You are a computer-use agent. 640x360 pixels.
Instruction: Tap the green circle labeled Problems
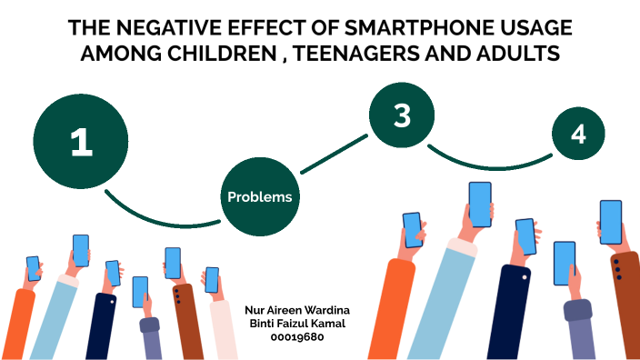pyautogui.click(x=260, y=196)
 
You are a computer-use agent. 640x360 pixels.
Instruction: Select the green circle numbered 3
pyautogui.click(x=403, y=115)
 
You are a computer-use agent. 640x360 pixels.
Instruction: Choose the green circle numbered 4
pyautogui.click(x=579, y=135)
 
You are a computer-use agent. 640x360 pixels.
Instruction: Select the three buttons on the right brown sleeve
pyautogui.click(x=618, y=268)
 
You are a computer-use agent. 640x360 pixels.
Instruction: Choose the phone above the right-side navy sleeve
pyautogui.click(x=525, y=235)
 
